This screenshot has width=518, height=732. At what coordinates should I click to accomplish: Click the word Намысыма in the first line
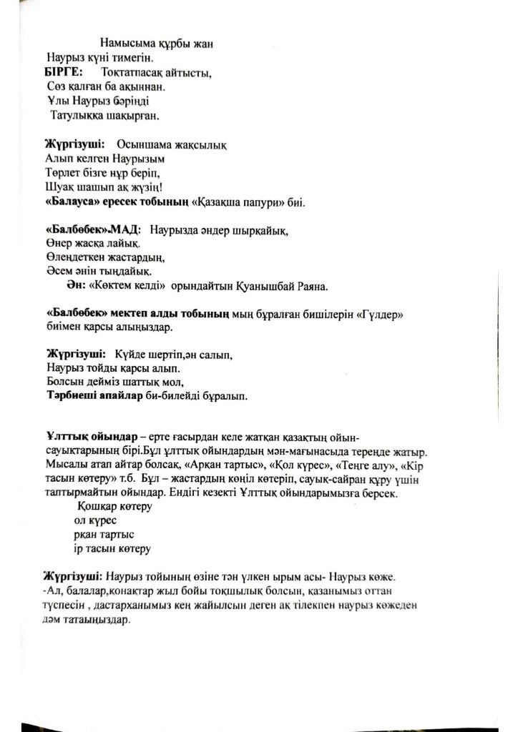127,43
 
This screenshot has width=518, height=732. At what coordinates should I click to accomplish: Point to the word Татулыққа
77,114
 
